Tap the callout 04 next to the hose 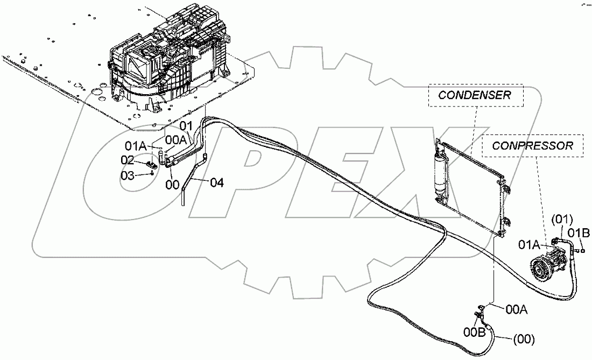click(216, 182)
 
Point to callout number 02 click(127, 159)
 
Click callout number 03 click(127, 176)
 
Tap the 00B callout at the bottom click(474, 332)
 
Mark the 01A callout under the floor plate click(136, 145)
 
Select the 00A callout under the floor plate click(176, 139)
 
